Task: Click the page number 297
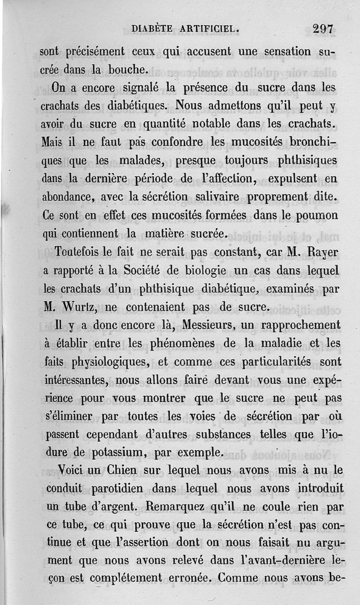323,29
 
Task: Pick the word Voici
60,470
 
